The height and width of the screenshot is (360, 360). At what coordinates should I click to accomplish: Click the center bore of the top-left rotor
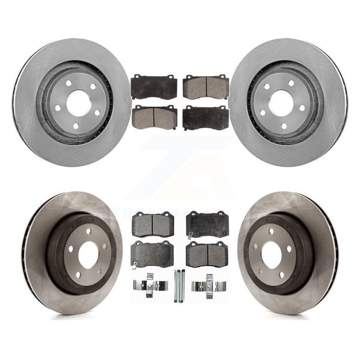click(78, 103)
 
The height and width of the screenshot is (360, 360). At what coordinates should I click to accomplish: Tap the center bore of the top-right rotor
click(281, 103)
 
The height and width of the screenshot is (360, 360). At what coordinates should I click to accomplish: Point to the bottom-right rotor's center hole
click(271, 255)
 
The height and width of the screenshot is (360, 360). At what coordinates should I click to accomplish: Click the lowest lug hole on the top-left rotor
click(75, 125)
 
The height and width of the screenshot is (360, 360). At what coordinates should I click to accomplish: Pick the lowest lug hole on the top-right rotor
click(284, 126)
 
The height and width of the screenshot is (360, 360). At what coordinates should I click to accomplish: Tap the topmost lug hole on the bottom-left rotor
click(89, 231)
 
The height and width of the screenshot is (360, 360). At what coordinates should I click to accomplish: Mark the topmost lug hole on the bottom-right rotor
click(271, 231)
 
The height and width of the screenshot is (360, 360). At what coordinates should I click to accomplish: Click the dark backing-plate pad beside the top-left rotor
click(154, 87)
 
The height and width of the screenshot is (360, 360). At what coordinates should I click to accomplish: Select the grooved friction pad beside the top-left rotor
click(154, 117)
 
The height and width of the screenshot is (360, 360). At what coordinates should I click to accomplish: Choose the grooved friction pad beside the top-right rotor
click(206, 87)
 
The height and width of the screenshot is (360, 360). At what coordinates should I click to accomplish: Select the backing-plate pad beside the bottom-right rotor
click(207, 224)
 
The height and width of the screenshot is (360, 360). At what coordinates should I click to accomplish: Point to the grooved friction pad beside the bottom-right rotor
click(207, 254)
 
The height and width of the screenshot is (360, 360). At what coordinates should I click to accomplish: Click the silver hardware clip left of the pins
click(150, 285)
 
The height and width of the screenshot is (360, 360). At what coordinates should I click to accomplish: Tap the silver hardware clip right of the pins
click(208, 286)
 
